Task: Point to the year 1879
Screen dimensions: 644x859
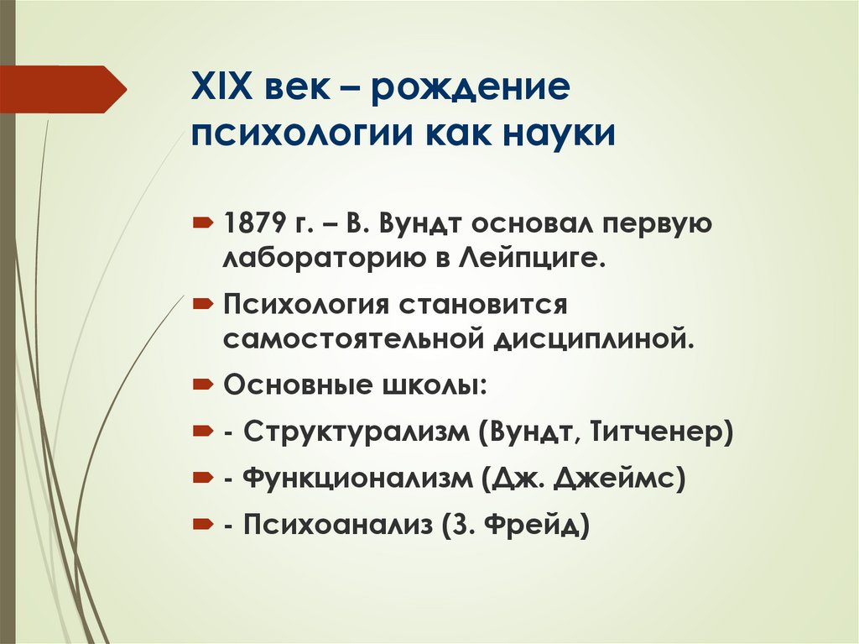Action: [x=253, y=225]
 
